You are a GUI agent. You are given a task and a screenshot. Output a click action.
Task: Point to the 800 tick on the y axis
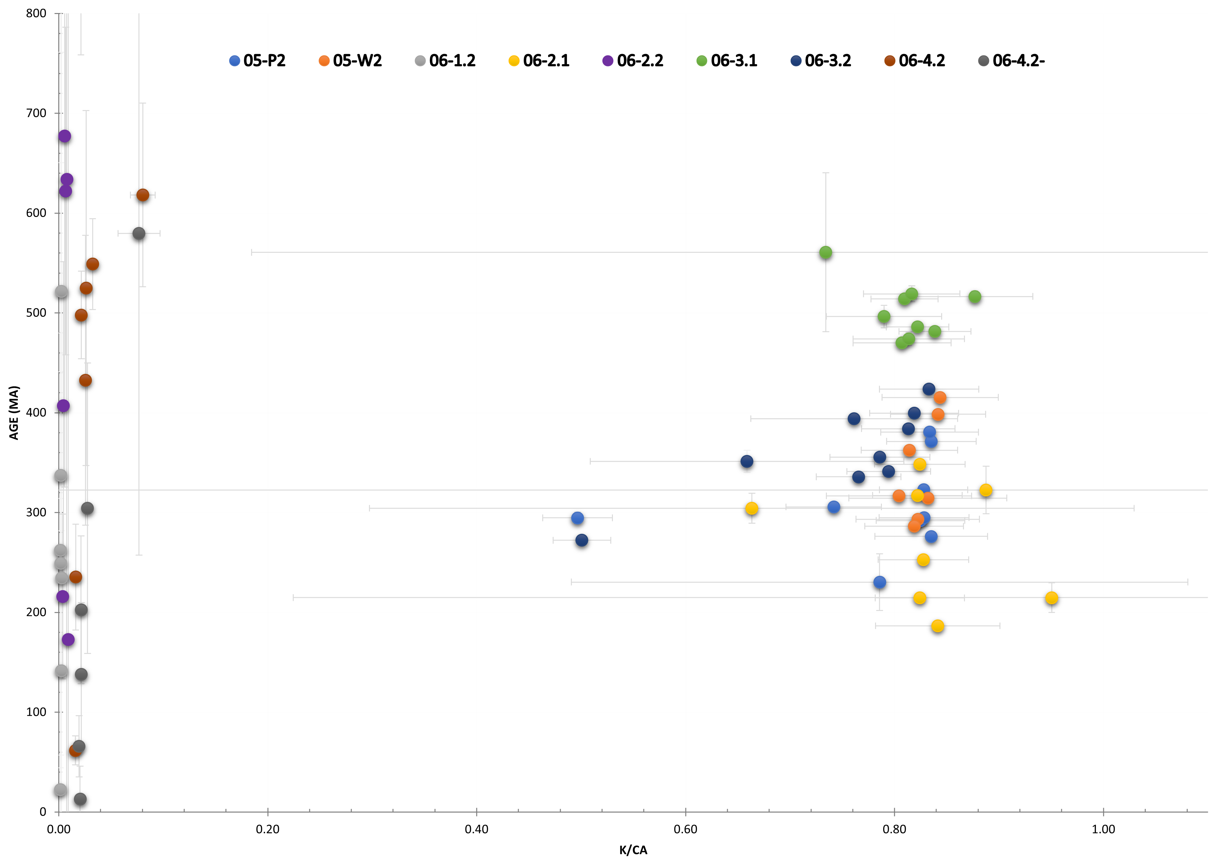pos(36,13)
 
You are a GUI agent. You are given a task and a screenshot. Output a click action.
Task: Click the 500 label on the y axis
pos(36,313)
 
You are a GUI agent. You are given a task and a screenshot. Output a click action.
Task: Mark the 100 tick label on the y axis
pos(36,712)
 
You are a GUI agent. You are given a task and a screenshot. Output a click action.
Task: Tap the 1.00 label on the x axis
pos(1103,829)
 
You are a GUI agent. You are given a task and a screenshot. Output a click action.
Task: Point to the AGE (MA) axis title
pos(14,413)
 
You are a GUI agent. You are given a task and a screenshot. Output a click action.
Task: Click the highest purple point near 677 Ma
pos(64,136)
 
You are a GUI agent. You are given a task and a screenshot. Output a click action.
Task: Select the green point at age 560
pos(826,252)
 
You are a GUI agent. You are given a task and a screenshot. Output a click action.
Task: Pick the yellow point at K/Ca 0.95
pos(1051,598)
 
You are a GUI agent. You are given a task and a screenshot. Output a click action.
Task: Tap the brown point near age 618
pos(143,195)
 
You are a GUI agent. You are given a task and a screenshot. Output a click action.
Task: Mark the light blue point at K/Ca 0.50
pos(577,518)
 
